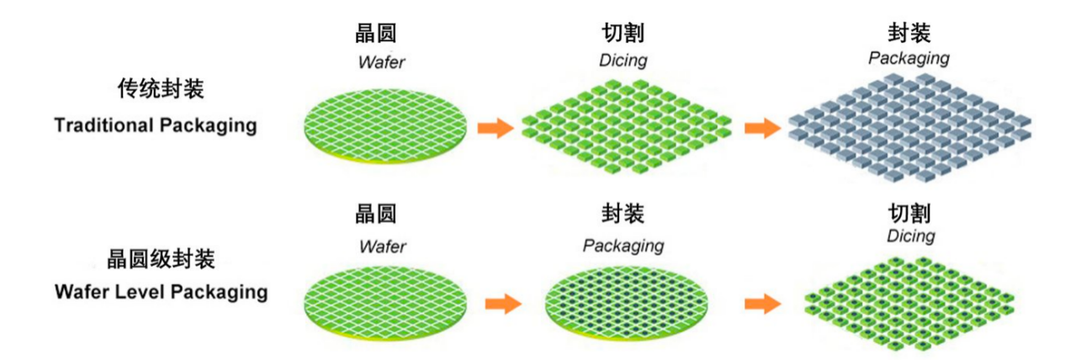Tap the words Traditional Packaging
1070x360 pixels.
point(155,125)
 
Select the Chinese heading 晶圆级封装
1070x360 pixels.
point(162,258)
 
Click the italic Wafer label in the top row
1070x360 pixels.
point(382,61)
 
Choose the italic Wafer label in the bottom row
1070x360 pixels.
point(382,246)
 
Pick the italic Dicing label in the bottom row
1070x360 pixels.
point(910,236)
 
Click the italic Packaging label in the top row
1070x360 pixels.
point(908,59)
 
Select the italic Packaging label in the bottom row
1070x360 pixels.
point(623,246)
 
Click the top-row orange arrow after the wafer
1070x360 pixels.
point(495,128)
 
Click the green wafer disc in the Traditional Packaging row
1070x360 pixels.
point(383,121)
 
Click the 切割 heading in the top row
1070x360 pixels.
point(623,34)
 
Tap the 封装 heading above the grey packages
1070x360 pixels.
point(909,34)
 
